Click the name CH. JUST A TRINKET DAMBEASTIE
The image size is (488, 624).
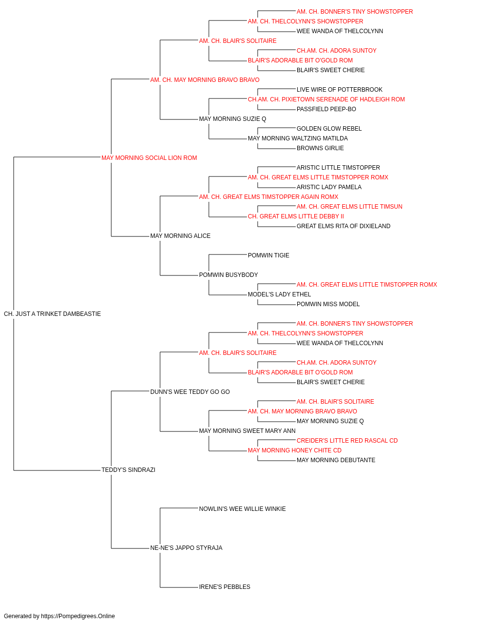(52, 314)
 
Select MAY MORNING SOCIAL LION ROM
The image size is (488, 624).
(149, 158)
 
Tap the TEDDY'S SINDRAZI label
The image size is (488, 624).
(128, 470)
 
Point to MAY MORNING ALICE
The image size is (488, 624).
(180, 236)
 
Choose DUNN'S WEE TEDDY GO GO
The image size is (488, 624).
(190, 391)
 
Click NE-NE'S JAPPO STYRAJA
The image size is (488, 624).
(186, 548)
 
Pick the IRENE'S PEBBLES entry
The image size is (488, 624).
(224, 587)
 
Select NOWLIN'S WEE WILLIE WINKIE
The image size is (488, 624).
(242, 509)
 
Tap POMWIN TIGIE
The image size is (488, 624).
(268, 255)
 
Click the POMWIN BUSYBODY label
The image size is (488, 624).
(228, 275)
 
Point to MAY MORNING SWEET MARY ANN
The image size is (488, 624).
(247, 431)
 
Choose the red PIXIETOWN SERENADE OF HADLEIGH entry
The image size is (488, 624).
(326, 99)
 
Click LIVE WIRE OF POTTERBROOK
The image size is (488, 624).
(340, 90)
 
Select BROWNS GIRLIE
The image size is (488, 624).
(320, 148)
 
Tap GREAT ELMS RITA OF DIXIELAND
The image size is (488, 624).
(344, 226)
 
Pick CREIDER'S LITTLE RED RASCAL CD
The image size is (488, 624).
(347, 441)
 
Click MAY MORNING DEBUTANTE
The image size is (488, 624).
(336, 460)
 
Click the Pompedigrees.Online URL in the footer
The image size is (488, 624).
(78, 616)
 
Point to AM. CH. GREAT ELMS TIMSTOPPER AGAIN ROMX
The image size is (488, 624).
(269, 196)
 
